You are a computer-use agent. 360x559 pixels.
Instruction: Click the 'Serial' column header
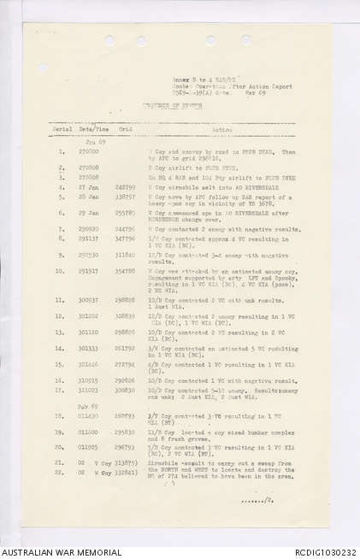(62, 129)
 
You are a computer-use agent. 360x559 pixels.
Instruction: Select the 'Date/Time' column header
(90, 129)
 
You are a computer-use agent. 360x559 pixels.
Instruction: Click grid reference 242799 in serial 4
(125, 185)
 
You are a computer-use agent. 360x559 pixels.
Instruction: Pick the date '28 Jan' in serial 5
(90, 196)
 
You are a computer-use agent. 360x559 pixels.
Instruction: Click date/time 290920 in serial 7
(90, 229)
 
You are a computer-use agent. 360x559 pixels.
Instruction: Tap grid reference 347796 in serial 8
(125, 238)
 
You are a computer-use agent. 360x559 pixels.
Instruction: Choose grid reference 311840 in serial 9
(125, 255)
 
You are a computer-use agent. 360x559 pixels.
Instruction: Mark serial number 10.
(61, 271)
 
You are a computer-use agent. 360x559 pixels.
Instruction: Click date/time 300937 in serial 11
(90, 300)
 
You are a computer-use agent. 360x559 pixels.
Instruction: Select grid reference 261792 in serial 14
(125, 348)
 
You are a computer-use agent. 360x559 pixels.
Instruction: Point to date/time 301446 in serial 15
(90, 364)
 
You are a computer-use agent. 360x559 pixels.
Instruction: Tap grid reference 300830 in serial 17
(125, 390)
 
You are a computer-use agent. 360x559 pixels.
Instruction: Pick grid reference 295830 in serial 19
(125, 432)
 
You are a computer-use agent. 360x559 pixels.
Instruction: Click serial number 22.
(61, 471)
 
